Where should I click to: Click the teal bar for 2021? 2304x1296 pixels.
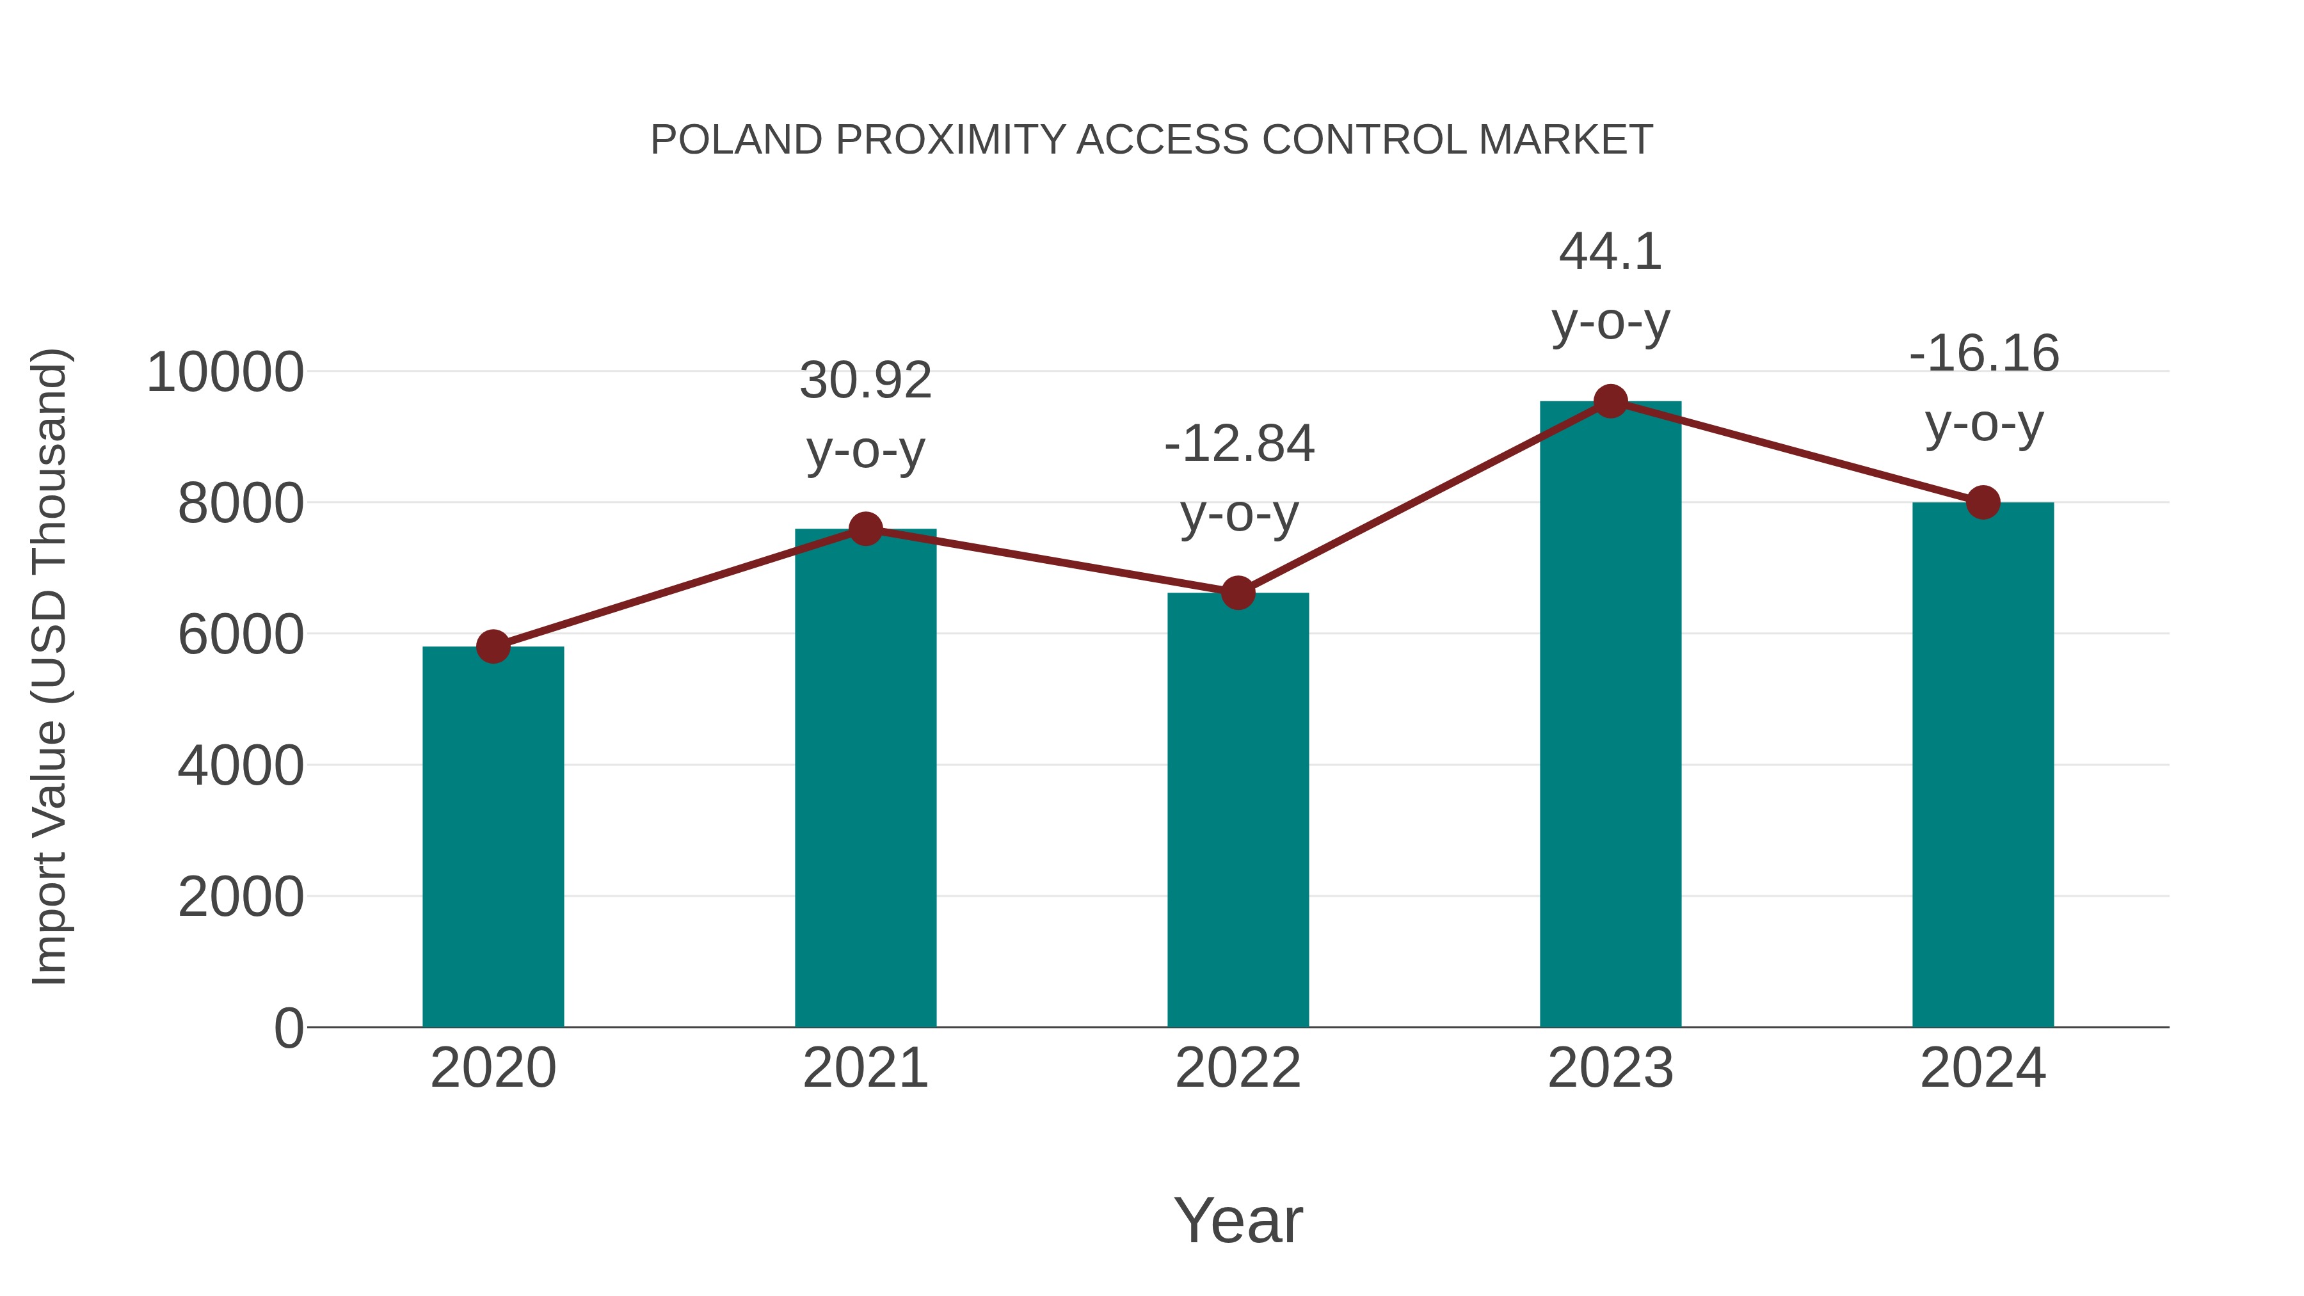point(865,778)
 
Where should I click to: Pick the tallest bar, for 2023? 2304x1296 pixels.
point(1610,716)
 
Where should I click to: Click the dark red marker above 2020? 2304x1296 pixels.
point(493,646)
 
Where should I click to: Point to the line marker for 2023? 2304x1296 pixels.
point(1610,401)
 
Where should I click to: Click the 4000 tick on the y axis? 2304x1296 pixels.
point(241,767)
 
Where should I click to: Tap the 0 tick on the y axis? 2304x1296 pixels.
point(288,1028)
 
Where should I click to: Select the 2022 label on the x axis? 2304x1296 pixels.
point(1238,1069)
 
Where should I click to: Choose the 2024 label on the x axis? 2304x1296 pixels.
point(1983,1069)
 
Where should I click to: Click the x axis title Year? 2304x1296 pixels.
point(1238,1221)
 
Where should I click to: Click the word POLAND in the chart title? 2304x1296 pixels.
point(736,140)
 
